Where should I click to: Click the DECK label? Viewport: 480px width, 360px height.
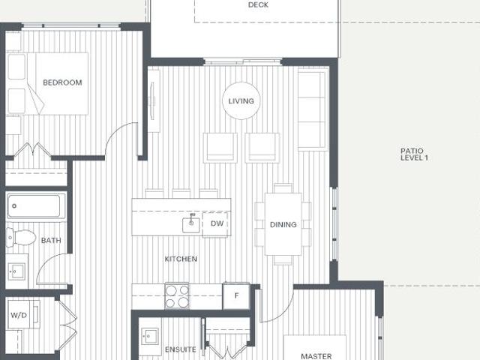258,5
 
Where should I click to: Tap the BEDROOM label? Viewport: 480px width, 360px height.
62,82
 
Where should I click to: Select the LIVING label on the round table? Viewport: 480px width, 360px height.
241,101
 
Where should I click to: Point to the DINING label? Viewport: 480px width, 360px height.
283,224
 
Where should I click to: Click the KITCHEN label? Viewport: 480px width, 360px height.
181,259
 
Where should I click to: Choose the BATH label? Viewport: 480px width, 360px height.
51,241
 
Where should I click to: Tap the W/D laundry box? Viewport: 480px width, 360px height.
18,315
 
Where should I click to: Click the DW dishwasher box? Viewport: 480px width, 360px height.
216,223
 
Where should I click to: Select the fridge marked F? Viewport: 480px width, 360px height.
236,295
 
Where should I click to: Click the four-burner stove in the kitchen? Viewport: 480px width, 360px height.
177,295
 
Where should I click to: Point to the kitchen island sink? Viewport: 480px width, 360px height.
191,223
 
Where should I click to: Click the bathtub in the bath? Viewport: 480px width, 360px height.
36,205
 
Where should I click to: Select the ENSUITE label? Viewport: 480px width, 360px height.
181,349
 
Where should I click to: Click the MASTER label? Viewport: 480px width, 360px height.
316,356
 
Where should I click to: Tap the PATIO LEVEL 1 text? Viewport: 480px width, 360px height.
413,154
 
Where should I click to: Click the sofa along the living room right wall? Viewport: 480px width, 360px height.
313,110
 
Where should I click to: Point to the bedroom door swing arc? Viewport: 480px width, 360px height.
120,139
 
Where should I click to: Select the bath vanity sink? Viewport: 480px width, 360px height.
16,270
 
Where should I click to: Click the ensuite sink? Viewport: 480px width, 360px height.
150,335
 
